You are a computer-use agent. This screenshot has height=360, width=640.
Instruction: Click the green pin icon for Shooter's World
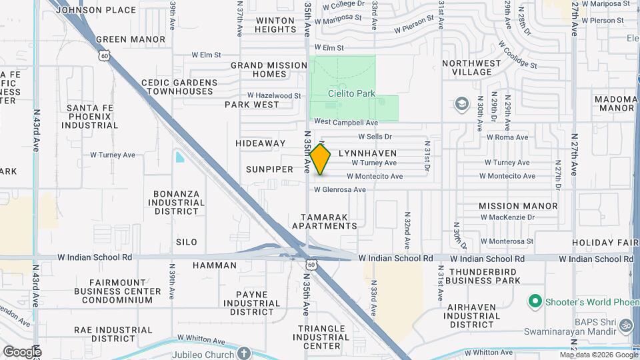pos(534,302)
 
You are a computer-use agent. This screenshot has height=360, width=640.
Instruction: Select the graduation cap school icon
pos(461,104)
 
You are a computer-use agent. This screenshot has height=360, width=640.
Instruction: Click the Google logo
pos(22,351)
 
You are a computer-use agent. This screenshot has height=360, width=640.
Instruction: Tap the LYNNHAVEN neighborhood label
pos(367,153)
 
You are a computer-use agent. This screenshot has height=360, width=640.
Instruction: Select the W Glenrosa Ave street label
pos(340,189)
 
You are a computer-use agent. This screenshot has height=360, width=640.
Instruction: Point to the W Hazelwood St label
pos(274,95)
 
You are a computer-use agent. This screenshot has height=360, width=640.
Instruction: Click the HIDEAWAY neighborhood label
pos(260,143)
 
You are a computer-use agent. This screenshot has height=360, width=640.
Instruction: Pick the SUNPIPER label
pos(269,169)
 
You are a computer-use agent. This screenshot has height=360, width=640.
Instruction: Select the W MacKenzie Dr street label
pos(509,217)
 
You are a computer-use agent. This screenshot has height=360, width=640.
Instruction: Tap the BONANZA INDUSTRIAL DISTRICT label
pos(173,202)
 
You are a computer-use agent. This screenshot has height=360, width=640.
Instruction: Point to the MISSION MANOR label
pos(518,206)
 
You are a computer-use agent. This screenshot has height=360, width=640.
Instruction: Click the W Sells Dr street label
pos(375,137)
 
